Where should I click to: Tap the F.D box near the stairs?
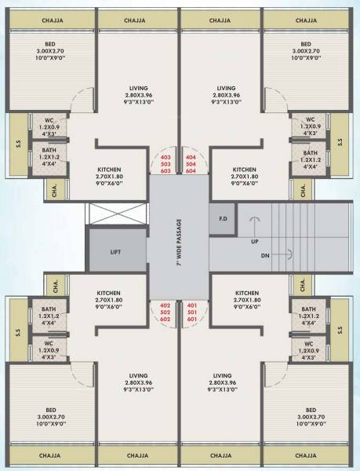223,218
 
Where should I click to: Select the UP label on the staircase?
254,240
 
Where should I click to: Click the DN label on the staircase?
265,255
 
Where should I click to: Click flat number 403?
165,156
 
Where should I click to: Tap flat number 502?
165,312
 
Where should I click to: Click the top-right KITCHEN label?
244,169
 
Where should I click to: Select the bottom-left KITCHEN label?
107,290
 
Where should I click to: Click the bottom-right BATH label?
311,309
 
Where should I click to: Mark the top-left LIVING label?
140,88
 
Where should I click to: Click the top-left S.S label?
17,143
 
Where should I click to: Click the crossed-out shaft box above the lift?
116,214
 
